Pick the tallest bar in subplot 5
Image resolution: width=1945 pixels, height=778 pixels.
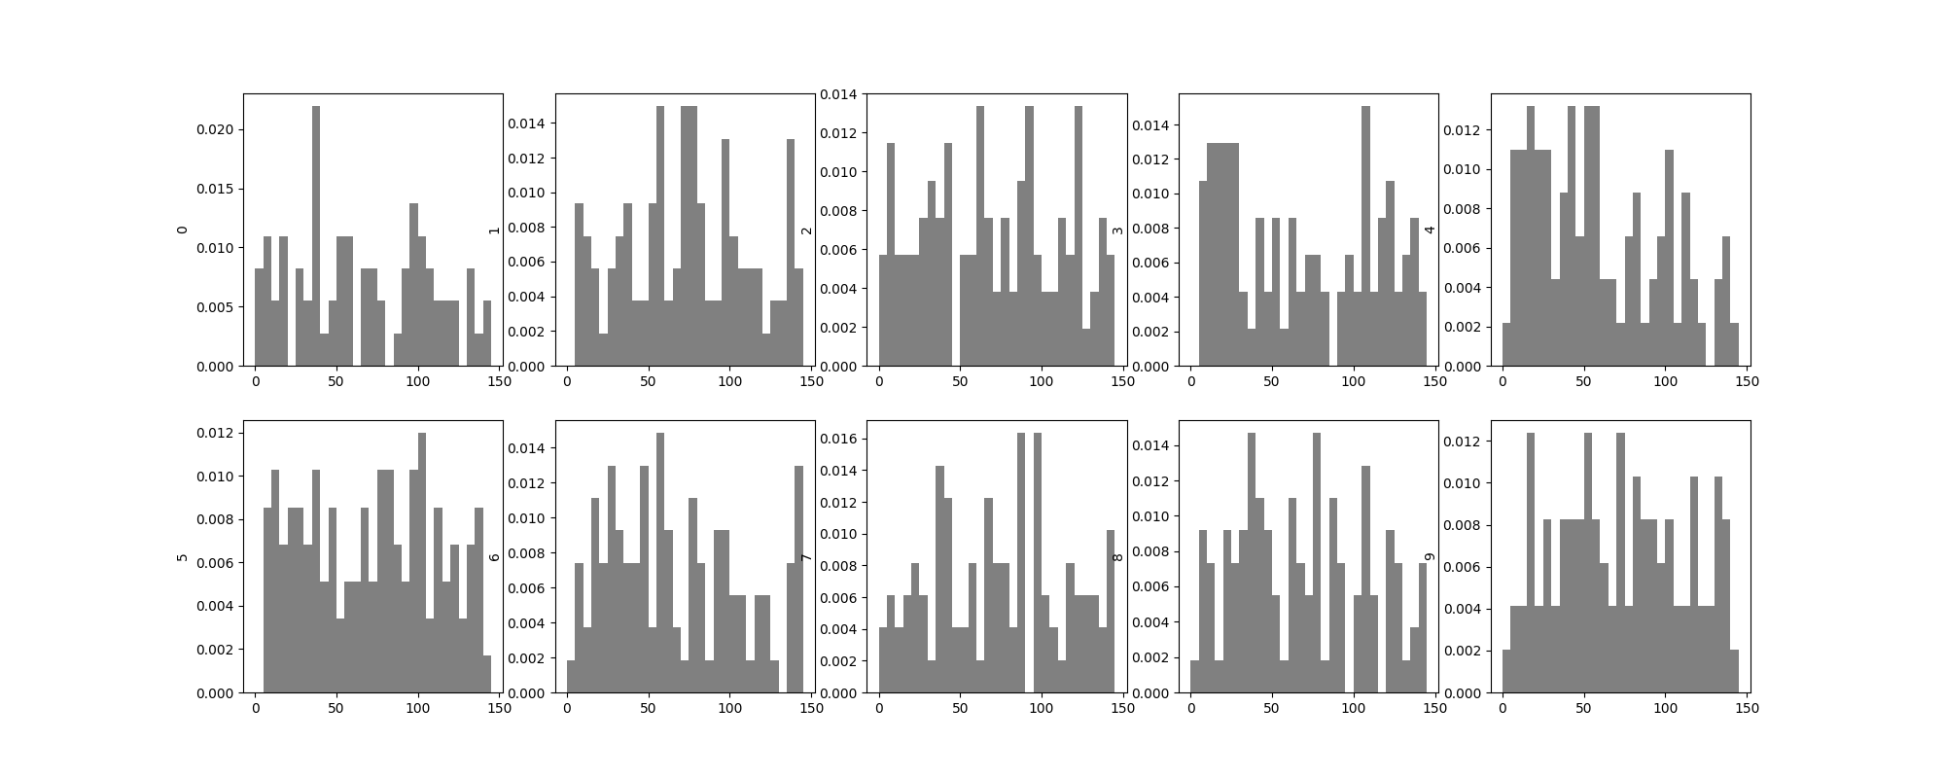(422, 563)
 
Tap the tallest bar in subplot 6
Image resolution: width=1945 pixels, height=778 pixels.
(660, 563)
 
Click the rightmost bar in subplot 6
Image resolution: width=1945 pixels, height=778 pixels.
(799, 580)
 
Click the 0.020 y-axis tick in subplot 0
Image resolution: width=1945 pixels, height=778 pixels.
(220, 129)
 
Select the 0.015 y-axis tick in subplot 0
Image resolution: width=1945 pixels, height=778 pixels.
(220, 189)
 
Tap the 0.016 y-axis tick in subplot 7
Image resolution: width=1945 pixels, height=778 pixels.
(843, 439)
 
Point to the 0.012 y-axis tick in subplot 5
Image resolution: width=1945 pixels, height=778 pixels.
(220, 433)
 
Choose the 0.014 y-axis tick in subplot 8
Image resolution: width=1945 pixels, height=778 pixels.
(1155, 446)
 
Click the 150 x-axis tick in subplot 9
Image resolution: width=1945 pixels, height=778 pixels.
(1747, 708)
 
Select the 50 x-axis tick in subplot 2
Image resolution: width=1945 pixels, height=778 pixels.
(960, 381)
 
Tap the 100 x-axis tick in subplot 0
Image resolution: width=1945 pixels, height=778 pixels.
(418, 381)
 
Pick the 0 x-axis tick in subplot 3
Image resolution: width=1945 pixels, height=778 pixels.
(1191, 381)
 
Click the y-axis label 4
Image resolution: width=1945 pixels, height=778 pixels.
(1430, 230)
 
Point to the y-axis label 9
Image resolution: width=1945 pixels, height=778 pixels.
(1430, 556)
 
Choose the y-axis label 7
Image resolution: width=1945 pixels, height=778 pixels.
(805, 556)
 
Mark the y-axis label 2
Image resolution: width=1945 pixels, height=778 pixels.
(805, 230)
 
